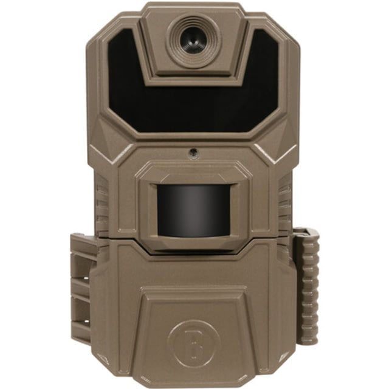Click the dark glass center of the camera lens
[193, 41]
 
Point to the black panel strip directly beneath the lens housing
[193, 109]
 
